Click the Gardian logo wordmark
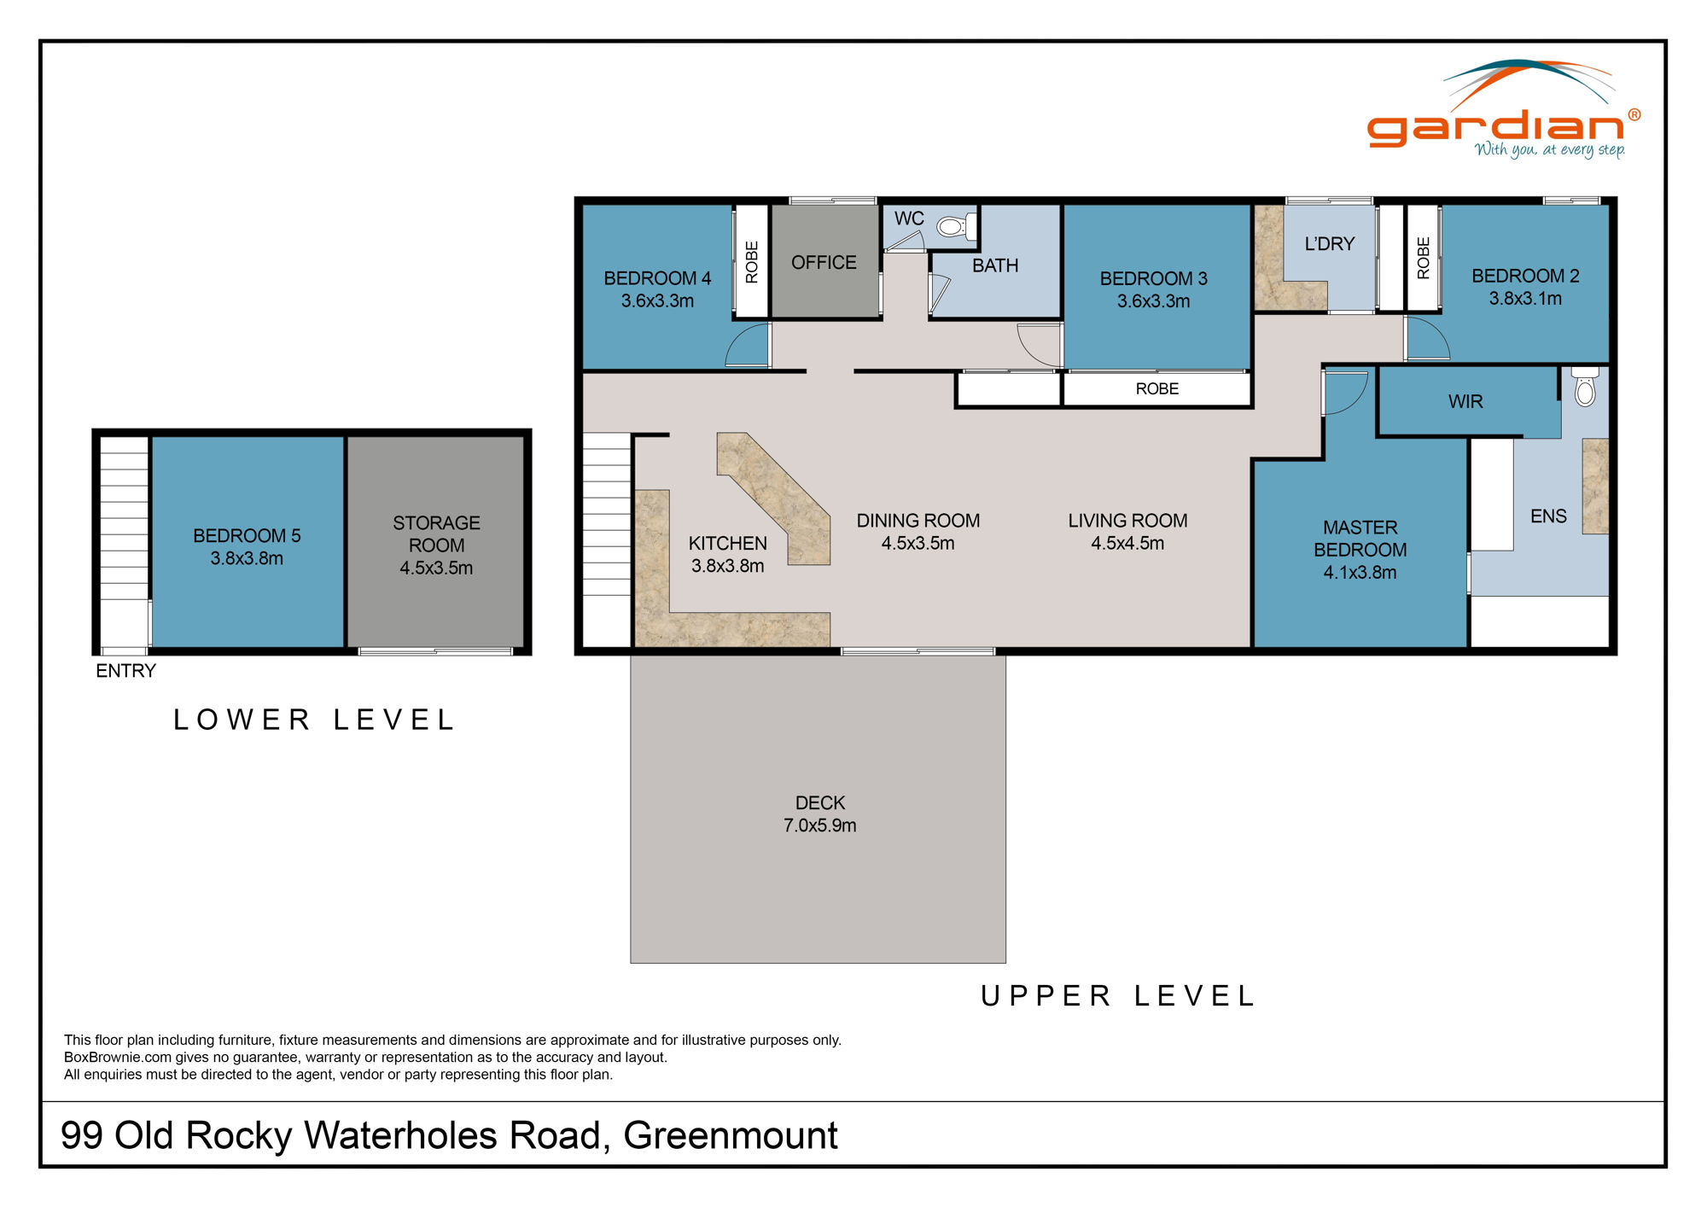[1495, 127]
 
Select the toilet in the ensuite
[1585, 389]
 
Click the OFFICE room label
[824, 263]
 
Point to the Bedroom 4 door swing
[748, 347]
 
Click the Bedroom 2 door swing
[1426, 339]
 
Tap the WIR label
[1465, 402]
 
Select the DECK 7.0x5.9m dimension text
[819, 825]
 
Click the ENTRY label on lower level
[125, 671]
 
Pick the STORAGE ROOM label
[436, 534]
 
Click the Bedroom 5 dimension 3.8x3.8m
[247, 558]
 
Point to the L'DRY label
[1329, 244]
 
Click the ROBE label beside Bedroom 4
[752, 262]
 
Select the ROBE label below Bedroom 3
[1156, 389]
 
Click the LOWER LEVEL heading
[314, 720]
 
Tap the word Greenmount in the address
[731, 1136]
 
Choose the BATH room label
[995, 265]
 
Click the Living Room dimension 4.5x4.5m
[1127, 544]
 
